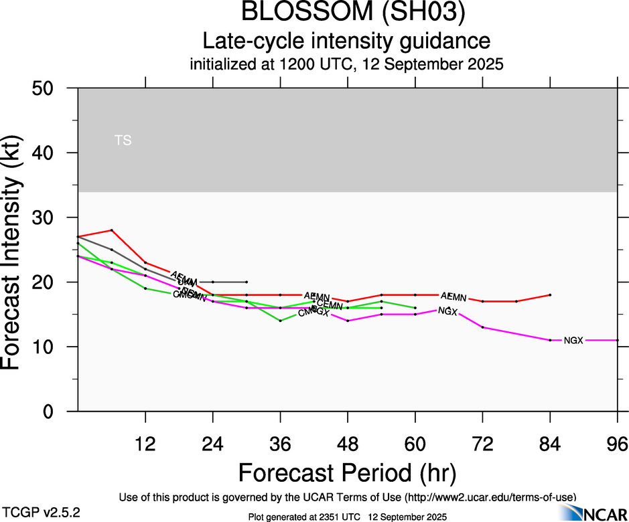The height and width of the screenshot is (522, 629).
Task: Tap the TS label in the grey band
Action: click(x=123, y=141)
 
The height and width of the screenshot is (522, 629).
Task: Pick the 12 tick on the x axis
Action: click(x=145, y=444)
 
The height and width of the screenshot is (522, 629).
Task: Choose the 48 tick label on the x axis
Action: click(x=348, y=444)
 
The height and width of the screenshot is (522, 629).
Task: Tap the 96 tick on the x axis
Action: click(x=617, y=444)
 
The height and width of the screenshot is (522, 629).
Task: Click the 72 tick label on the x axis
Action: click(x=482, y=444)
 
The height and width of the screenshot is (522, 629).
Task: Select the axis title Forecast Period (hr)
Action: click(x=348, y=473)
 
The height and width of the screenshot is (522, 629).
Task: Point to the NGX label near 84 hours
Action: click(x=573, y=341)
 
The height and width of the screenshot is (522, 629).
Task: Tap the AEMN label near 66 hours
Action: click(x=453, y=296)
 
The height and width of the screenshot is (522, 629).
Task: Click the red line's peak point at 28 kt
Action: click(x=112, y=230)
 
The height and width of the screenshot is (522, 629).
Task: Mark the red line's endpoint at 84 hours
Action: click(x=550, y=295)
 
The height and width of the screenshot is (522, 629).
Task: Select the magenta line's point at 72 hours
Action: click(x=482, y=327)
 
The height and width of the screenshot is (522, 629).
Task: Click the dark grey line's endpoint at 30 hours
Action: click(x=247, y=282)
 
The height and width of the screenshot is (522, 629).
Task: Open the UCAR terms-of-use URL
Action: click(x=490, y=497)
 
